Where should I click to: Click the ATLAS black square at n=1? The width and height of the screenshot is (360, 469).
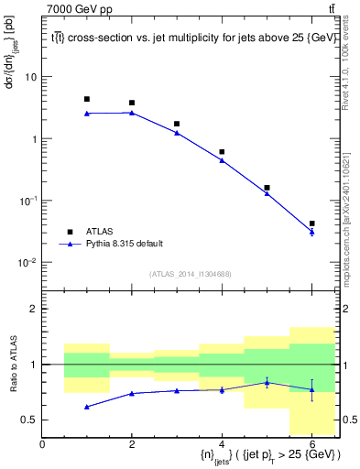(x=87, y=99)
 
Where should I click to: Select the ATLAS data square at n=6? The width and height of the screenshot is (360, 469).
(x=311, y=224)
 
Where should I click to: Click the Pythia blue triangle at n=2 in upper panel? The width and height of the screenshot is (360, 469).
(x=132, y=113)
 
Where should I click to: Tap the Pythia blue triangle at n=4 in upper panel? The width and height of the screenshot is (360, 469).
(x=222, y=160)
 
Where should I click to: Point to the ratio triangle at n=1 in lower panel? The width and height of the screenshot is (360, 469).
(x=87, y=406)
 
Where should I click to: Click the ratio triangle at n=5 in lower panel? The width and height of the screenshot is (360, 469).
(x=267, y=382)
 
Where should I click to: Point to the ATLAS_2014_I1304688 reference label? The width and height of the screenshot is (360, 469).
(x=190, y=274)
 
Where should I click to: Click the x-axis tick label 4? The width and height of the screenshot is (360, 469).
(x=222, y=444)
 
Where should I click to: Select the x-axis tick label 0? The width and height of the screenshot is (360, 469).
(x=42, y=444)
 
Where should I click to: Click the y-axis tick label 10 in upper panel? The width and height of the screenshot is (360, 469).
(x=30, y=77)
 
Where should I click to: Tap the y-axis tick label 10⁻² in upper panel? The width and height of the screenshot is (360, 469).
(x=27, y=262)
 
